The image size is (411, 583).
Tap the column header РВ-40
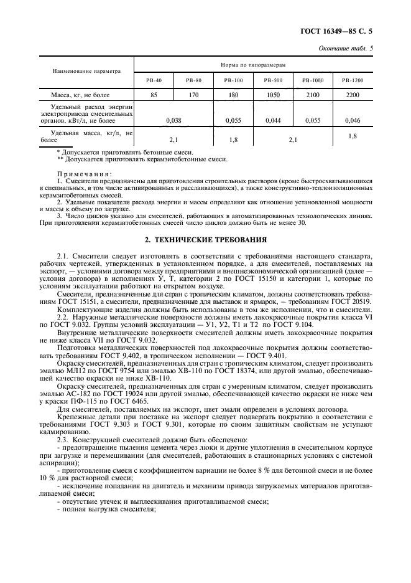154,80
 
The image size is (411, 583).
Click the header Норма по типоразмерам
254,65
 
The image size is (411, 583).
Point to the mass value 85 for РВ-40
154,95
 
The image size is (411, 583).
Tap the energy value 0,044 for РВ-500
273,120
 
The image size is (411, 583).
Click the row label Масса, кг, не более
82,95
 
